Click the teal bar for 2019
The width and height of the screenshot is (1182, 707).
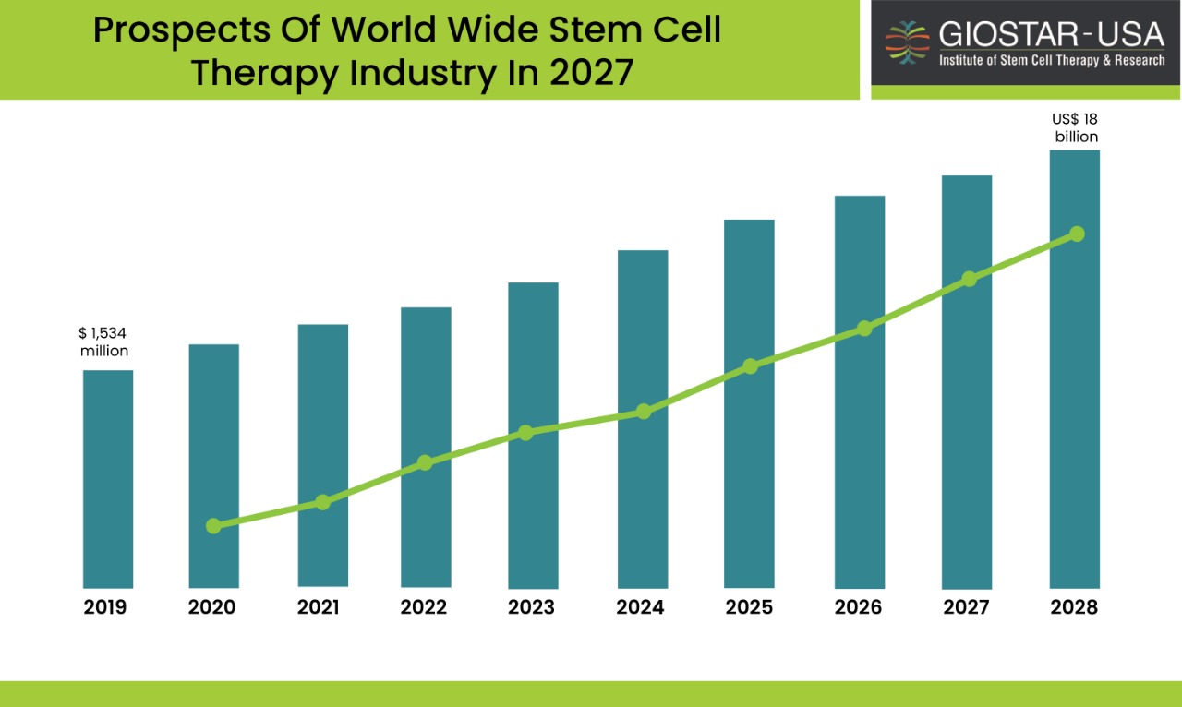pos(108,479)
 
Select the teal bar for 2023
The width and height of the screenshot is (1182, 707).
pos(533,436)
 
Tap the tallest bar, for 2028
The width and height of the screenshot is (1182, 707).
pos(1074,369)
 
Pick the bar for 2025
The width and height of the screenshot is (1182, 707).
pos(749,403)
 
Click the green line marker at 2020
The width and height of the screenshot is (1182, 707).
pos(213,525)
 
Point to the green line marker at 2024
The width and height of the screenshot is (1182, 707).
pos(644,412)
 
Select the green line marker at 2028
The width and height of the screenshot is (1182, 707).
pos(1077,234)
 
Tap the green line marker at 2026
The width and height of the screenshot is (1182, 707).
pos(864,329)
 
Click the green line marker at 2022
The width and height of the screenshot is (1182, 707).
pos(425,462)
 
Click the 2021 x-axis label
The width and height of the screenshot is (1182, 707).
pos(319,607)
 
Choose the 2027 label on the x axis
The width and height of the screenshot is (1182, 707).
pos(966,607)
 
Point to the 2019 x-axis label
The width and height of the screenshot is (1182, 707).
pos(105,607)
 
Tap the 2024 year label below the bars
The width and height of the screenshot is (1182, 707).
pos(640,607)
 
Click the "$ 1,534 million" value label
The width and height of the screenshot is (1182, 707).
pos(104,342)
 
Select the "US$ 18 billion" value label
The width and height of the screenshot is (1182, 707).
pos(1076,127)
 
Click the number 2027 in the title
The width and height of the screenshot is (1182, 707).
pos(591,72)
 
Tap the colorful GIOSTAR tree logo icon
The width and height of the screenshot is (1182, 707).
pos(908,42)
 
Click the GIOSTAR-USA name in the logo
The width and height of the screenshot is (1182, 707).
pos(1052,34)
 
